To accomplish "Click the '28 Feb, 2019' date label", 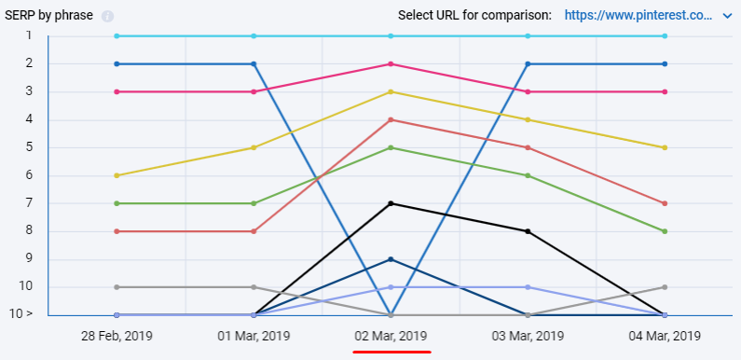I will (x=117, y=335).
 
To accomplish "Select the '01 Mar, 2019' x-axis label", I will (x=254, y=335).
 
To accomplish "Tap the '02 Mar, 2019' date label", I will (x=391, y=335).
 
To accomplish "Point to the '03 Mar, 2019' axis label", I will (x=528, y=335).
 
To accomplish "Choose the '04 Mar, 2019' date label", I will (x=665, y=335).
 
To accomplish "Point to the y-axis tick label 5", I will (x=29, y=147).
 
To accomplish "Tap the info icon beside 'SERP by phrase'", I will (x=107, y=16).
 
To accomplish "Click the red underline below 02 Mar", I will (x=391, y=352).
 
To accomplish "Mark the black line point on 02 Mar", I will (x=391, y=203).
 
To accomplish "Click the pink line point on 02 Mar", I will (x=391, y=63).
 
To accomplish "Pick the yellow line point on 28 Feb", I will (x=117, y=175).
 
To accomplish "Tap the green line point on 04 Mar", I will (x=665, y=231).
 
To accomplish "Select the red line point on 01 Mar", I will (x=254, y=231).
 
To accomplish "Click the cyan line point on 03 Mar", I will (x=528, y=36).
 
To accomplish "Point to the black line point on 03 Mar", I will (x=528, y=231).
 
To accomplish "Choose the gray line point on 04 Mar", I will (x=665, y=287).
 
